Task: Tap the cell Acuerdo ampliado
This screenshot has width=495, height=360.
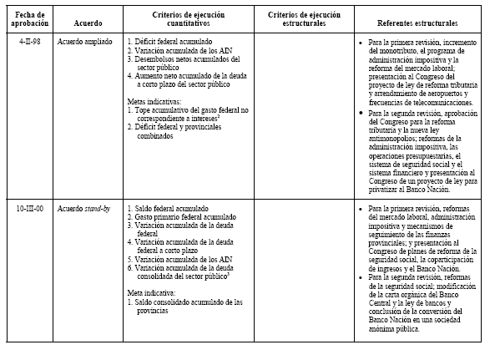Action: [85, 40]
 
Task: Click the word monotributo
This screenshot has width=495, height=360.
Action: [391, 49]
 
